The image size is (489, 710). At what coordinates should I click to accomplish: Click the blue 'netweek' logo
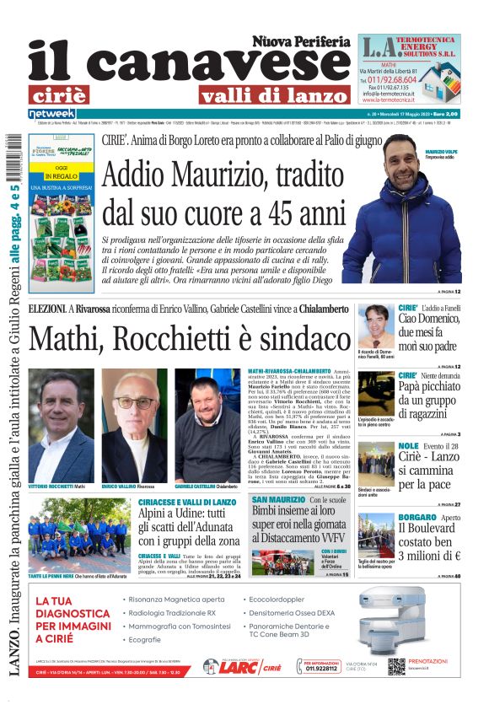[52, 113]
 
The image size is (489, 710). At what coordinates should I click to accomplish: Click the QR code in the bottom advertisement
[396, 666]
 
